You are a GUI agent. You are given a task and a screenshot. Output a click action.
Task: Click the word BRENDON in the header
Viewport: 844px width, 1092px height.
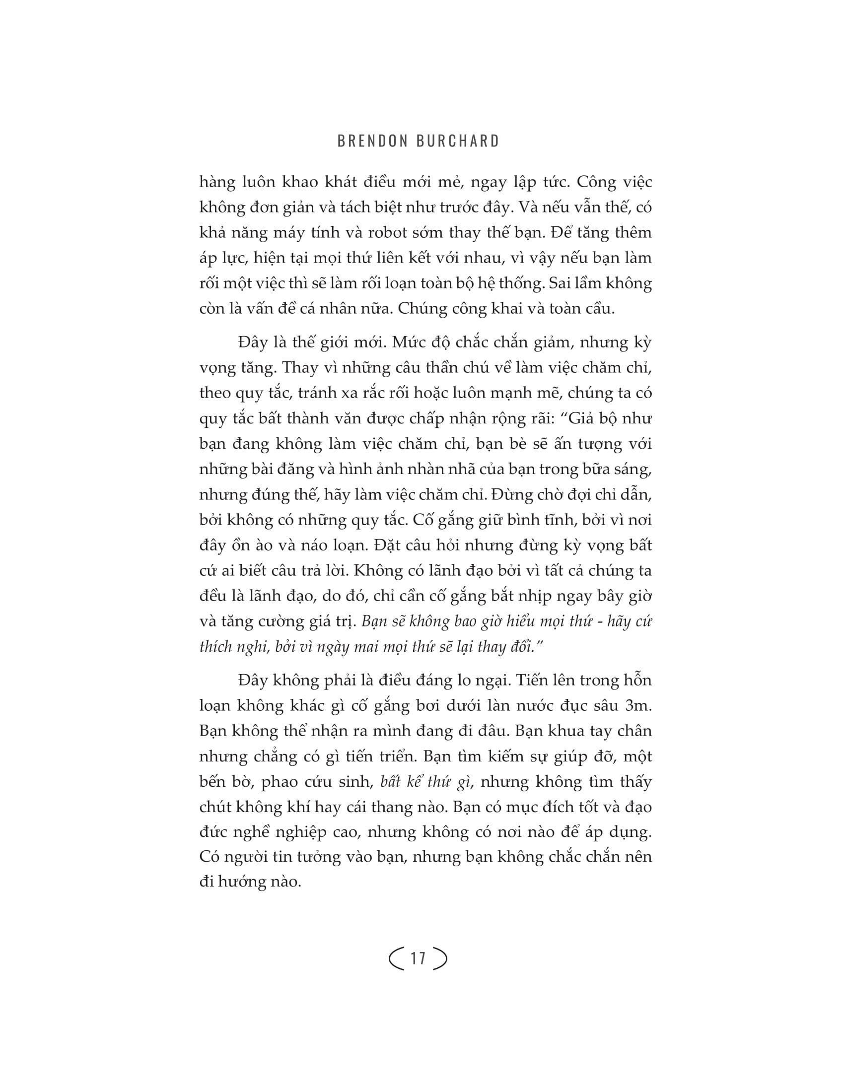[x=372, y=141]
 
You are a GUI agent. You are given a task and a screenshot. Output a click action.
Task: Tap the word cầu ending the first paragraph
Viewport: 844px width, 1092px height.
[x=599, y=309]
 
